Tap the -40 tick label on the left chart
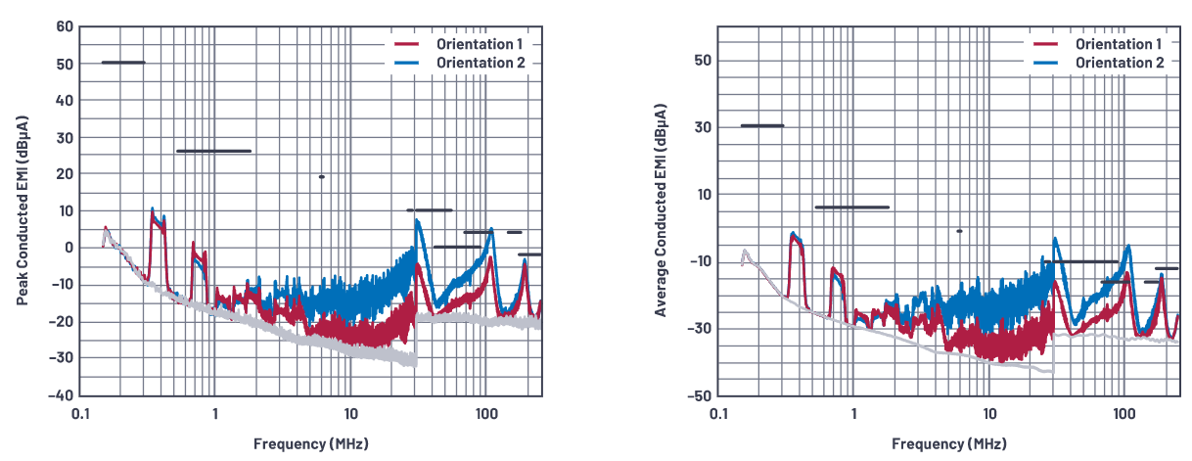pyautogui.click(x=61, y=395)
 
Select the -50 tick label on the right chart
pyautogui.click(x=698, y=395)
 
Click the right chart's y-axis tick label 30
pyautogui.click(x=702, y=127)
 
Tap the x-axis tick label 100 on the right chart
pyautogui.click(x=1124, y=415)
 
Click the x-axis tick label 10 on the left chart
pyautogui.click(x=350, y=415)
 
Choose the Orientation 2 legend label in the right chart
pyautogui.click(x=1120, y=63)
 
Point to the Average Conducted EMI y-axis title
pyautogui.click(x=662, y=211)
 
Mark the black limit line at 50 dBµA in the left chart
pyautogui.click(x=123, y=63)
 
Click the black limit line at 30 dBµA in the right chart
pyautogui.click(x=762, y=125)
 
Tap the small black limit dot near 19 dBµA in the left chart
pyautogui.click(x=321, y=177)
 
